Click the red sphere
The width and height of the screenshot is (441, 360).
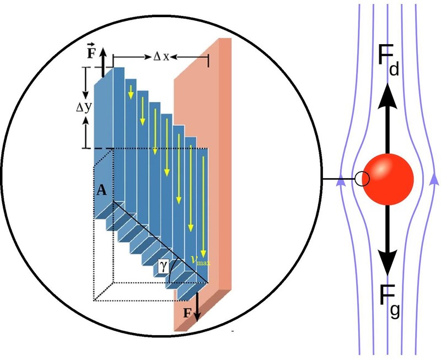(388, 178)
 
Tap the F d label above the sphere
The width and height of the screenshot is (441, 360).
(389, 60)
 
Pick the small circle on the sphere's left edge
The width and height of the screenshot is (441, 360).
(361, 179)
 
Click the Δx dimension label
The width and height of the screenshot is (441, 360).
(160, 56)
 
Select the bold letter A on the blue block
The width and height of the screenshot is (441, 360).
(101, 191)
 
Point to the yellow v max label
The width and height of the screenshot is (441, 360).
(201, 260)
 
